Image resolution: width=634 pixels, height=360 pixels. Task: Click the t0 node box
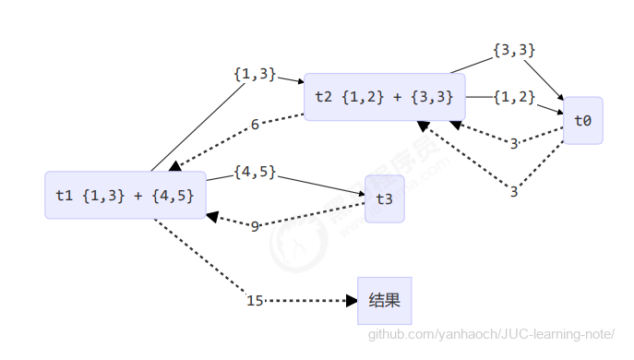coord(582,121)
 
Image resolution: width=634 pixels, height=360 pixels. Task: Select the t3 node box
coord(384,199)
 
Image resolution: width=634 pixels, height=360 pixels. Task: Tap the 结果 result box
coord(384,300)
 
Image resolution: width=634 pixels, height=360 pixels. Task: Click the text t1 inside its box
coord(64,195)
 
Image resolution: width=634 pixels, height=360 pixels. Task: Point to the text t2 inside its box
coord(323,97)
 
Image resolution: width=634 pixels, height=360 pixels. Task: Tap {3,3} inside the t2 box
coord(431,97)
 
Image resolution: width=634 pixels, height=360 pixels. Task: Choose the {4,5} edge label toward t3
coord(255,172)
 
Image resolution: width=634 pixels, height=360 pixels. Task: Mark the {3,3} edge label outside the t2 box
coord(514,50)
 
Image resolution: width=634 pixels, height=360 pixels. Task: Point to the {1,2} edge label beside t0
coord(514,96)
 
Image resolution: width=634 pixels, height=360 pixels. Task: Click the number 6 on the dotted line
coord(255,125)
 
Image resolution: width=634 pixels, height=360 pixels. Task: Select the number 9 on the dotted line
coord(255,225)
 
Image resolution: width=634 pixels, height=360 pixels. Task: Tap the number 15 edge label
coord(256,301)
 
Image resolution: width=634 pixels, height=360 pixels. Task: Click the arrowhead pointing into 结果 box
coord(351,301)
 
